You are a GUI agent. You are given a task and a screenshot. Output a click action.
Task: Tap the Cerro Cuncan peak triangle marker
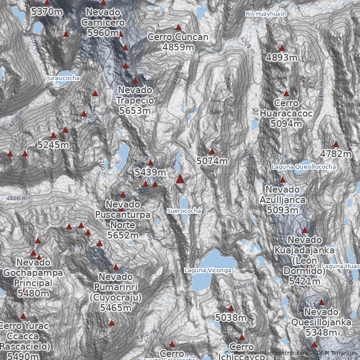click(178, 27)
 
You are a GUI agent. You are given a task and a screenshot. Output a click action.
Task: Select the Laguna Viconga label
click(207, 270)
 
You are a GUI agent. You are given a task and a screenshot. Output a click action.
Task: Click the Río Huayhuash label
click(266, 14)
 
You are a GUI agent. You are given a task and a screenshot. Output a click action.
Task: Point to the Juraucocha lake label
click(63, 78)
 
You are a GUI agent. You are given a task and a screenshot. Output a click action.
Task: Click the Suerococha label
click(184, 211)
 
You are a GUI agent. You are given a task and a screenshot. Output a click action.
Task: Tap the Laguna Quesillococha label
click(304, 167)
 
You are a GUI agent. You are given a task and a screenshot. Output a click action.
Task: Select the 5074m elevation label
click(212, 161)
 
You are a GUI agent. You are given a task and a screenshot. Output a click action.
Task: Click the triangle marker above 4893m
click(282, 48)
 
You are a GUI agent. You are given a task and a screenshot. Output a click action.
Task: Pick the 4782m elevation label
click(336, 154)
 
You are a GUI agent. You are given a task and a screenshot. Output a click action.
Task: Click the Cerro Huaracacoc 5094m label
click(286, 113)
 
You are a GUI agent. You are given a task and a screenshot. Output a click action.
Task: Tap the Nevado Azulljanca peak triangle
click(283, 180)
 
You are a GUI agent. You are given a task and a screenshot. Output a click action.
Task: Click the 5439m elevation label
click(150, 171)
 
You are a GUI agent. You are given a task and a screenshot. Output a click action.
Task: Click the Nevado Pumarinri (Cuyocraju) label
click(116, 292)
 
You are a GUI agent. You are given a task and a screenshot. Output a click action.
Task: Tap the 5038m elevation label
click(231, 318)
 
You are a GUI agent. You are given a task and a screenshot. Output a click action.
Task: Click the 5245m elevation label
click(53, 145)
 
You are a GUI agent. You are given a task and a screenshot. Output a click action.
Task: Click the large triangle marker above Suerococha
click(180, 179)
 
